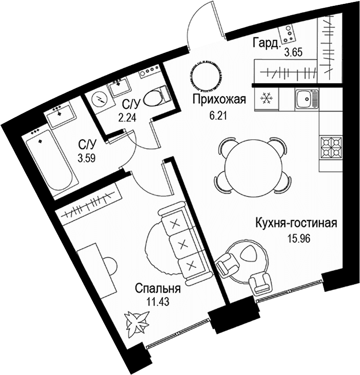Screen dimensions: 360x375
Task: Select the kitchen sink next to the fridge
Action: point(307,99)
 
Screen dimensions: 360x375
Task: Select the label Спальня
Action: point(158,288)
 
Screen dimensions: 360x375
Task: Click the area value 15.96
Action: point(298,239)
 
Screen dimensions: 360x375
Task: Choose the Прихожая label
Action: point(219,99)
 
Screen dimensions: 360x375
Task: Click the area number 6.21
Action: point(217,116)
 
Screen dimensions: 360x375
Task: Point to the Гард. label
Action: point(266,44)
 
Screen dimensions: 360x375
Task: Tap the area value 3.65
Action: point(294,52)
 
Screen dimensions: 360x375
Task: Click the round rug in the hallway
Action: point(206,76)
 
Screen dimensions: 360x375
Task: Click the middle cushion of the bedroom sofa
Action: point(184,244)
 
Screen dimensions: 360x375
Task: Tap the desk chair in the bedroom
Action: point(110,265)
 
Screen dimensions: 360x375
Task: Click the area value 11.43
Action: point(158,302)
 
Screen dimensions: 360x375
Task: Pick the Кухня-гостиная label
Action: point(296,223)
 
